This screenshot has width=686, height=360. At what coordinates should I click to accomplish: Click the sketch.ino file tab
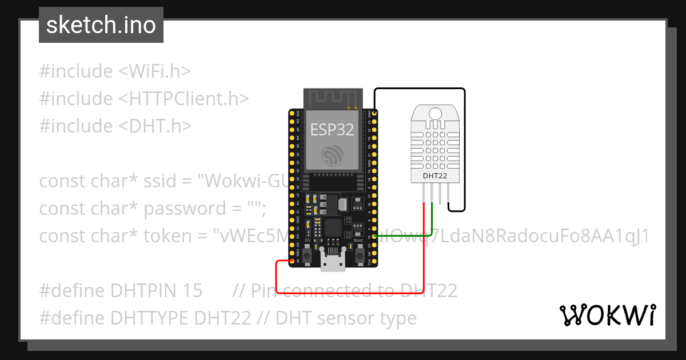101,25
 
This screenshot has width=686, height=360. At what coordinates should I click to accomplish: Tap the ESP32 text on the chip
332,130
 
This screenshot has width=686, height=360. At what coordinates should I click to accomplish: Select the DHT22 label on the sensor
435,176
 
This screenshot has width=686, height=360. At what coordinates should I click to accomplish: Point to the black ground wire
464,149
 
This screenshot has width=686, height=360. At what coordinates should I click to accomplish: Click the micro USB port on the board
332,264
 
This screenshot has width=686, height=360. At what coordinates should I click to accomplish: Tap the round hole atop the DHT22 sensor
435,113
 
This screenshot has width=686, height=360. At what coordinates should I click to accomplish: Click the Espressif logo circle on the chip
332,155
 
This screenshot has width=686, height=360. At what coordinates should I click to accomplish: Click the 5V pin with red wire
293,262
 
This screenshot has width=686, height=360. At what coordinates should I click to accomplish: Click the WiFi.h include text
154,71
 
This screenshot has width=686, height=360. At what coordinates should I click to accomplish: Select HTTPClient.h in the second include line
184,99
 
